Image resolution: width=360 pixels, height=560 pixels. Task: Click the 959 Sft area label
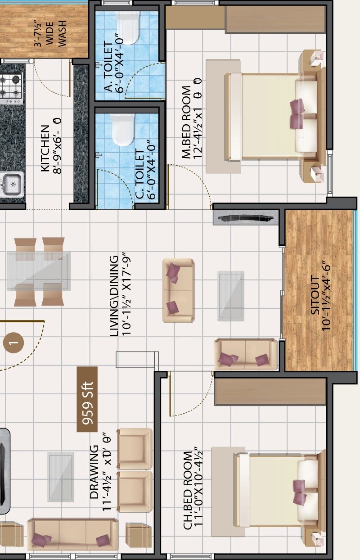(87, 399)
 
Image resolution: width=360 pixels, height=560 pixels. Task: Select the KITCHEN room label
(45, 149)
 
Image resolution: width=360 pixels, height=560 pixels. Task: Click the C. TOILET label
(139, 174)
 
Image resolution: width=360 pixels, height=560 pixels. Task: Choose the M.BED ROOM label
(187, 131)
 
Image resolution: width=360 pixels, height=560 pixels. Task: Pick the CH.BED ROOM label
(188, 491)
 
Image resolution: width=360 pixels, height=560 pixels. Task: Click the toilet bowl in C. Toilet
(123, 129)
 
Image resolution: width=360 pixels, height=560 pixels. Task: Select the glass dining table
(38, 271)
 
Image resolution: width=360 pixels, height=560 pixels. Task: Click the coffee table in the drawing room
(61, 477)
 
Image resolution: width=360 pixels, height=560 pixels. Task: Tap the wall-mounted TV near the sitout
(246, 219)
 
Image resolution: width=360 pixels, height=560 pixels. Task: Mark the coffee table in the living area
(231, 295)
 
